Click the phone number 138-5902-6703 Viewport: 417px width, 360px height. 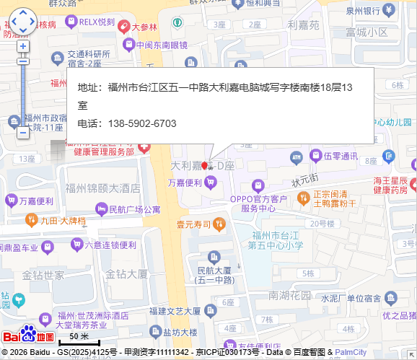[142, 123]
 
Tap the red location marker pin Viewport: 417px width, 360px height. [204, 166]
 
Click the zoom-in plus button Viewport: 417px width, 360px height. [23, 46]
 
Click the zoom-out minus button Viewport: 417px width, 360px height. [23, 133]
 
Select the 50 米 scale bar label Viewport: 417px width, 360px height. [79, 336]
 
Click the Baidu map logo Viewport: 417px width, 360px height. [28, 335]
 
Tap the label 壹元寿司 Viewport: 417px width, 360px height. [193, 224]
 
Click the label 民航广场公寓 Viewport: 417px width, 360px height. [133, 210]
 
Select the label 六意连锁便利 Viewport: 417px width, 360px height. [110, 245]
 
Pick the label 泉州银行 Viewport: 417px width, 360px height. [362, 11]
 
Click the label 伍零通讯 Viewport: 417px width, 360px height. [341, 156]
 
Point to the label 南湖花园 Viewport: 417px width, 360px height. [289, 295]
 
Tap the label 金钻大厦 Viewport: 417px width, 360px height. [126, 274]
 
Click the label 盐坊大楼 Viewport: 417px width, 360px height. [180, 333]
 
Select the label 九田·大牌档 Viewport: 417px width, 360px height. [63, 220]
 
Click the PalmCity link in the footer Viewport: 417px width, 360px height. [351, 352]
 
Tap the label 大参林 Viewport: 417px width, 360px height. [144, 27]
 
